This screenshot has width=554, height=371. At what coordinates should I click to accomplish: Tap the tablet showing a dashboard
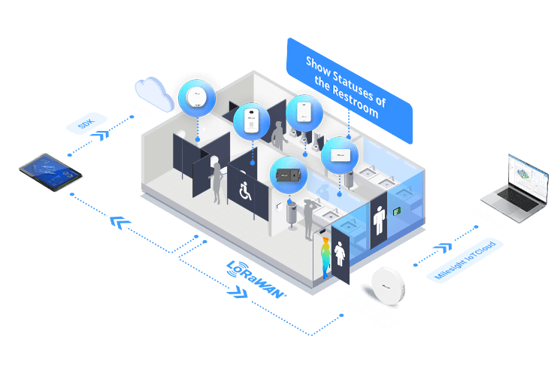tap(50, 172)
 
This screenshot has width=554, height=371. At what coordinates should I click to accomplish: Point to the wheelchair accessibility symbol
tap(247, 191)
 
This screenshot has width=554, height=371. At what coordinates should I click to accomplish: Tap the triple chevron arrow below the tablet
tap(120, 223)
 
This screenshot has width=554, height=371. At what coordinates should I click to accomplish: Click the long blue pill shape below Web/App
tap(464, 260)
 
